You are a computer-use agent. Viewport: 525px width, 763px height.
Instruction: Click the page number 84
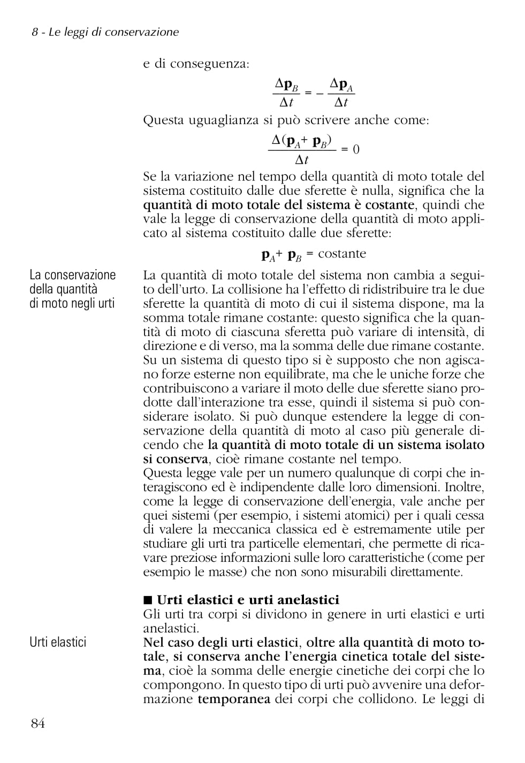point(38,723)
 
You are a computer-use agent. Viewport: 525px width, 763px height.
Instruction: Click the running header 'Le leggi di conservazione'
point(113,32)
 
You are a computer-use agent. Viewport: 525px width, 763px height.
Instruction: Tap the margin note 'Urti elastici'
point(58,642)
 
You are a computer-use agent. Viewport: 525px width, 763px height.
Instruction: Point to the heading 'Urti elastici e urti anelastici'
point(248,600)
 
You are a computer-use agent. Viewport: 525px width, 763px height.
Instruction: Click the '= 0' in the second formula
point(350,149)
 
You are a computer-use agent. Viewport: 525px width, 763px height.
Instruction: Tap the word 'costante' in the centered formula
point(342,254)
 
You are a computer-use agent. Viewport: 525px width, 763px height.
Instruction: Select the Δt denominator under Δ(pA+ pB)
point(302,159)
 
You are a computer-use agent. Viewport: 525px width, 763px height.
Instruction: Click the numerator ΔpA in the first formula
point(341,84)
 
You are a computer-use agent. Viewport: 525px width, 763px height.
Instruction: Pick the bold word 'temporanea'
point(234,699)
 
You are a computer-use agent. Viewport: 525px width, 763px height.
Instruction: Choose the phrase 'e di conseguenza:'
point(196,64)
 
